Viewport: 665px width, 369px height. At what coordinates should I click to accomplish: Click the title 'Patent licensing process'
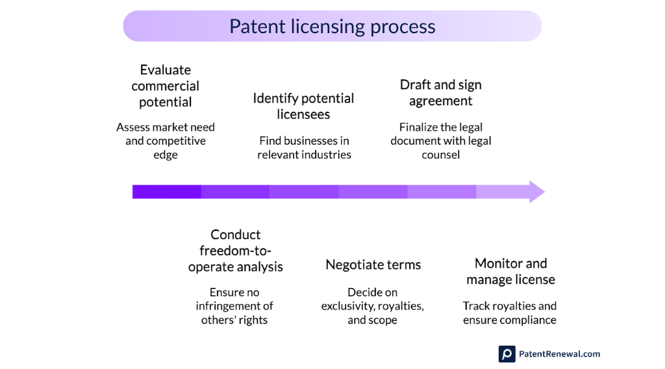(x=332, y=27)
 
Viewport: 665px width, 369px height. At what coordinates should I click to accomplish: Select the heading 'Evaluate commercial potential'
(x=166, y=86)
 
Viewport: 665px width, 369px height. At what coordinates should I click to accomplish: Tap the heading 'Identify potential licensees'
(x=303, y=106)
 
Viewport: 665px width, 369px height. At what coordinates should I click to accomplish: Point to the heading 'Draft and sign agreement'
(x=440, y=93)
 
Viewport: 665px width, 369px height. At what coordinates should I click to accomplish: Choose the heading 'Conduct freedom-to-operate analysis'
(x=235, y=251)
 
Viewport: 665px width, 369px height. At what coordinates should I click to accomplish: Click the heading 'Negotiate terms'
(x=373, y=264)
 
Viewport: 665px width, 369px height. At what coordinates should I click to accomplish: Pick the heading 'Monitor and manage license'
(x=510, y=272)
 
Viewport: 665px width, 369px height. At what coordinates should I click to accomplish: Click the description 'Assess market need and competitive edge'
(x=166, y=141)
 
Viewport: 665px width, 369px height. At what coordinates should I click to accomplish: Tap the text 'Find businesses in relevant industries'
(x=304, y=147)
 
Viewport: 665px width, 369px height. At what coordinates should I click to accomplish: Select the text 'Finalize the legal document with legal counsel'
(x=440, y=141)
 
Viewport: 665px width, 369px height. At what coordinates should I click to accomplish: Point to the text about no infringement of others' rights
(x=235, y=306)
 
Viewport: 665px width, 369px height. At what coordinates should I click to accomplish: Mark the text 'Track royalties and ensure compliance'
(x=510, y=312)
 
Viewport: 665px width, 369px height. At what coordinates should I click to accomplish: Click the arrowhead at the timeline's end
(x=536, y=192)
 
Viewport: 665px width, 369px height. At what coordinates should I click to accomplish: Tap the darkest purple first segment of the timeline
(x=167, y=192)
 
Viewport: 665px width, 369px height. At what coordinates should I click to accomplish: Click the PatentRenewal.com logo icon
(x=507, y=354)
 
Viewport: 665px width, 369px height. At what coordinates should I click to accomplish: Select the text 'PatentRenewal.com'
(x=559, y=354)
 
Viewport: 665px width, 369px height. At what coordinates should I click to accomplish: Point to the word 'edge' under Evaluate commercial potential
(x=166, y=155)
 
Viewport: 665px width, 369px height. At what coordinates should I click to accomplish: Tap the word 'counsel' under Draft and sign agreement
(x=440, y=155)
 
